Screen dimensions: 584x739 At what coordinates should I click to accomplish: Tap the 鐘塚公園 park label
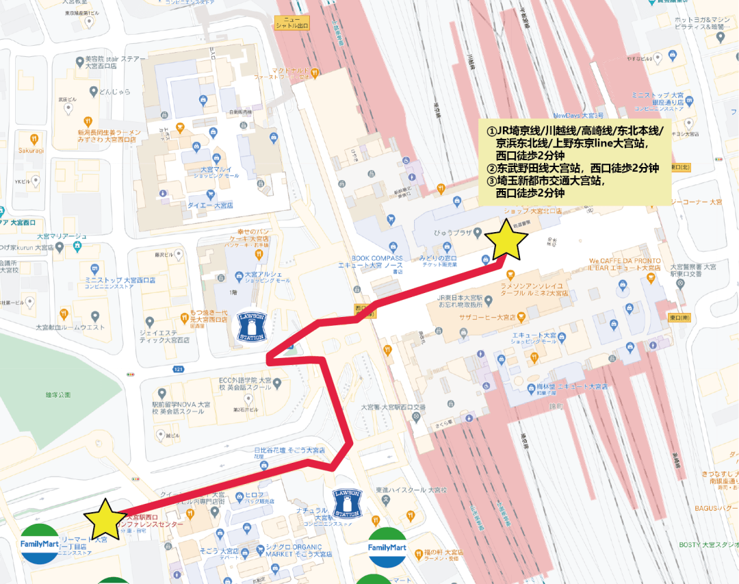tap(58, 395)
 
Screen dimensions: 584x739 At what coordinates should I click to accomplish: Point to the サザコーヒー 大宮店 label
tap(487, 317)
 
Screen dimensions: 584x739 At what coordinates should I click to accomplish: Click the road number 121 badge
tap(179, 370)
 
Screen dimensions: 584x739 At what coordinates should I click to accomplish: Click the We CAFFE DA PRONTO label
tap(626, 261)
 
